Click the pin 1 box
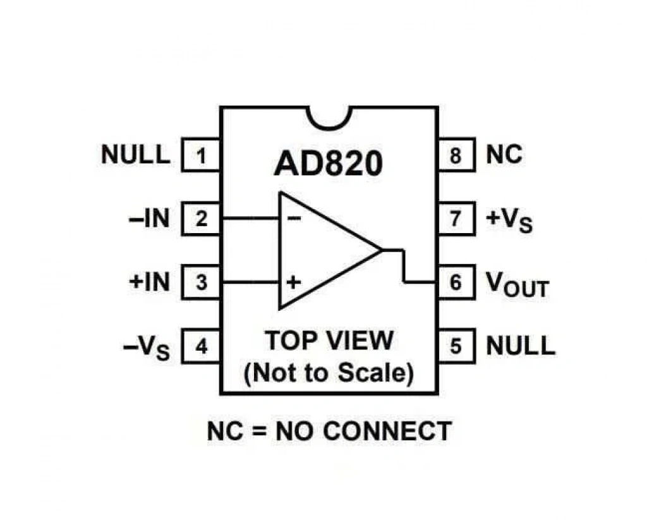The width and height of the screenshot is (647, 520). click(x=201, y=155)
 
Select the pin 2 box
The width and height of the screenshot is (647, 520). click(x=201, y=219)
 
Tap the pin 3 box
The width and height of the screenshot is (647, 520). click(x=201, y=282)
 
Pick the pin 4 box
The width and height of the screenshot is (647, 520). click(x=201, y=346)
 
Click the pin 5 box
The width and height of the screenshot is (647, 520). click(x=456, y=346)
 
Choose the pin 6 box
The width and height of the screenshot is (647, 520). click(x=456, y=282)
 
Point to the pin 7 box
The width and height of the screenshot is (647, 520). click(x=456, y=219)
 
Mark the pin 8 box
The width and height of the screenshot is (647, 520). click(x=456, y=155)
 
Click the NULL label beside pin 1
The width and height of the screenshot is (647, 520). click(x=136, y=155)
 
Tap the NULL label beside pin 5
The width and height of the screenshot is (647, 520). click(x=521, y=346)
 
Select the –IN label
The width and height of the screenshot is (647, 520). click(x=149, y=219)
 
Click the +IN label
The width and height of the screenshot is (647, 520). click(x=149, y=282)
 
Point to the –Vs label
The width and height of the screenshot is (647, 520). click(x=147, y=348)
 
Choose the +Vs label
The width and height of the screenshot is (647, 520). click(x=510, y=221)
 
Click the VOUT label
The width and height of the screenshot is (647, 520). click(x=517, y=285)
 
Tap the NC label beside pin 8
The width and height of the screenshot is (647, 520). click(x=504, y=155)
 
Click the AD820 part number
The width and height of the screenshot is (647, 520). click(x=329, y=164)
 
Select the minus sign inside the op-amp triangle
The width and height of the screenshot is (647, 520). click(x=294, y=219)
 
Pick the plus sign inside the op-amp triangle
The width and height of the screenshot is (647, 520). click(x=293, y=282)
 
